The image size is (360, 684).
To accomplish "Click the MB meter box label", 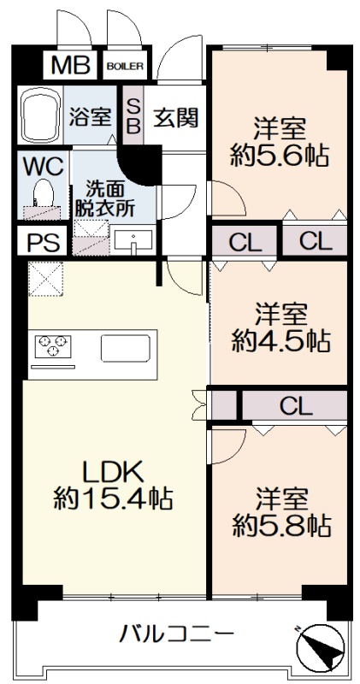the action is (x=71, y=66).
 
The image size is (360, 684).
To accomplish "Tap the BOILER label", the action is (x=125, y=67).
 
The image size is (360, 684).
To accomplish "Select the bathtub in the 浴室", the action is (x=40, y=115).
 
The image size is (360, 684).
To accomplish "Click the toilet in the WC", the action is (x=44, y=192).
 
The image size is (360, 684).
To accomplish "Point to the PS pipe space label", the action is (x=44, y=243).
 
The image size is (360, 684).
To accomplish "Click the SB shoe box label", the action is (x=133, y=115).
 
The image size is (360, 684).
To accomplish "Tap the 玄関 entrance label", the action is (x=175, y=116).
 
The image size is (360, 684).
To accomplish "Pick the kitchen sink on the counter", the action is (x=125, y=348).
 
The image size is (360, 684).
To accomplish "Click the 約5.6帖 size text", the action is (x=280, y=156).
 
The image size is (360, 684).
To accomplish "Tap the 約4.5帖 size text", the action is (x=281, y=340).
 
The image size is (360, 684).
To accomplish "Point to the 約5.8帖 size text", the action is (x=281, y=526).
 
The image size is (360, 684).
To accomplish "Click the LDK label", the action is (x=114, y=473).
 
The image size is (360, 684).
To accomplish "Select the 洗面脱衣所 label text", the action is (x=104, y=199).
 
